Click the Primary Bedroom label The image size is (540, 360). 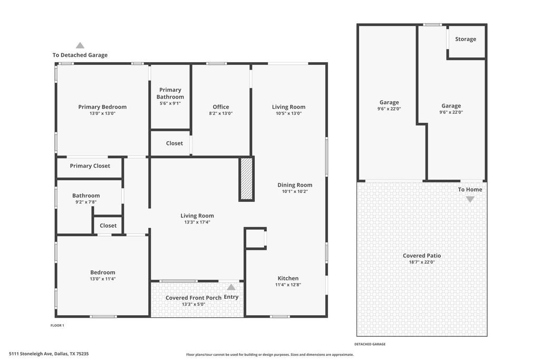pos(102,106)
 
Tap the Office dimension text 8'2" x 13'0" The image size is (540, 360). pos(221,113)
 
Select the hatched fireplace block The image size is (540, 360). pos(247,179)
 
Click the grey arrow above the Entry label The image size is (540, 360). pos(231,287)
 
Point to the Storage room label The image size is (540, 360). pos(466,39)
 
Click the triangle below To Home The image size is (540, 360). pos(470,199)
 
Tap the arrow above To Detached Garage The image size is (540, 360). pos(80,45)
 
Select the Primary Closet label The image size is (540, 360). pos(90,166)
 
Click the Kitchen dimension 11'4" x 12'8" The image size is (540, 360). pos(288,285)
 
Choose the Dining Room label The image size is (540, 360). pos(295,185)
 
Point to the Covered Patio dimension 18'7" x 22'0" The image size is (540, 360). pos(422,262)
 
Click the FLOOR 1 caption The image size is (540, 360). pos(57,325)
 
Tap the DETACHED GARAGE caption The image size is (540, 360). pos(370,344)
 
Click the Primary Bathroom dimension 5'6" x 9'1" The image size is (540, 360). pos(170,103)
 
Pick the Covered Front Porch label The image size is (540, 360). pos(194,298)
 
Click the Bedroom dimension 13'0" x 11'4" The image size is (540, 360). pos(103,279)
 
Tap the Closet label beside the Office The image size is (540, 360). pos(174,143)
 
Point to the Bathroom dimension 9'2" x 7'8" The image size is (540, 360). pos(86,202)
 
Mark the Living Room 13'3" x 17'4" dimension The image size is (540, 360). pos(197,222)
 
